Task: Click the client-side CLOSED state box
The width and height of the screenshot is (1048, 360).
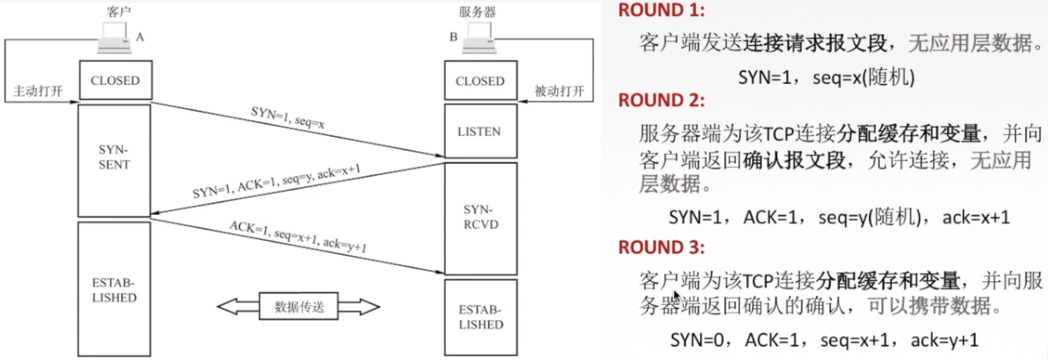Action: point(116,80)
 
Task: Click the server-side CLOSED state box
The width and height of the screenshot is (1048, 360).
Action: point(481,81)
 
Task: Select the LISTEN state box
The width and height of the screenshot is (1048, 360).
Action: point(481,131)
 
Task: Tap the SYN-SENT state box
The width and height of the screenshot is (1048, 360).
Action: point(114,161)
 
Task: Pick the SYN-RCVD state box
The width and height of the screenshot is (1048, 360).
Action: point(481,218)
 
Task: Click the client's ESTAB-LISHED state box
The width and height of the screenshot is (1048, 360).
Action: point(114,289)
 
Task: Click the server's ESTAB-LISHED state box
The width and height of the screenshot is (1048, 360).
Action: point(481,317)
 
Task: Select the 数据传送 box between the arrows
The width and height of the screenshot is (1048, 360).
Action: point(299,307)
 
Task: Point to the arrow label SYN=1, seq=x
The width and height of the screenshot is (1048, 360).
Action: point(288,117)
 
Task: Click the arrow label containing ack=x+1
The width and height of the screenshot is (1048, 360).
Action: point(276,181)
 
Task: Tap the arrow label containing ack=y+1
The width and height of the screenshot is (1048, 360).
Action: point(298,236)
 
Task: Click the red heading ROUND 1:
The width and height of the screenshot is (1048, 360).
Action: point(661,10)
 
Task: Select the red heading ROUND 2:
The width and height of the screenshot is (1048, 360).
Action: point(661,101)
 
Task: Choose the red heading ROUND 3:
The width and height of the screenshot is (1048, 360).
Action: point(661,247)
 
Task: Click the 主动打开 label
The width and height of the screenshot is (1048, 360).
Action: point(38,91)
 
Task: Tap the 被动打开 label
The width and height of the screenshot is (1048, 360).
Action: point(559,91)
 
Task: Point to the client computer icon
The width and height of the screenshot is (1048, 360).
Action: point(114,38)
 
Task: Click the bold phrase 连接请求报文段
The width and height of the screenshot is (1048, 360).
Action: point(815,43)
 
